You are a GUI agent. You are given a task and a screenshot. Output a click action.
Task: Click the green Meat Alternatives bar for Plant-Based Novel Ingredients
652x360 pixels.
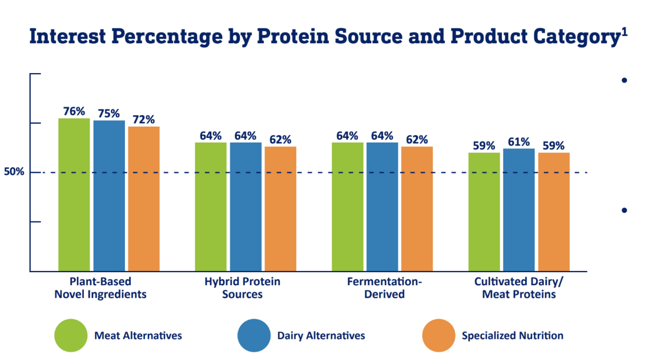(x=74, y=195)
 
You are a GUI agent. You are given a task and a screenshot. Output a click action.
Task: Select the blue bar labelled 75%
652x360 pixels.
(x=109, y=196)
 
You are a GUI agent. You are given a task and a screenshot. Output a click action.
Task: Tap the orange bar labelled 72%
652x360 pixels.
(x=144, y=199)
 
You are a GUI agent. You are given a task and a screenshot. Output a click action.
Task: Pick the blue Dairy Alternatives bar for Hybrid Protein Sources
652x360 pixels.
(x=245, y=207)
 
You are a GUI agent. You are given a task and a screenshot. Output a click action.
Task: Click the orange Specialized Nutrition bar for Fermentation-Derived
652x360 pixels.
(x=417, y=209)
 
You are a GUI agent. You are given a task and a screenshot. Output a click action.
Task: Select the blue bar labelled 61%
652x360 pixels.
(x=519, y=210)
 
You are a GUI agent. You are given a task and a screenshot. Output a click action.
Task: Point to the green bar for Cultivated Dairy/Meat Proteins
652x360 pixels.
(x=484, y=212)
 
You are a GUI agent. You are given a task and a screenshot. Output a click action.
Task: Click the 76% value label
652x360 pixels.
(x=74, y=111)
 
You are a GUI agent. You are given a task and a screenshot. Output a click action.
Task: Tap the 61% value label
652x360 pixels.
(x=519, y=142)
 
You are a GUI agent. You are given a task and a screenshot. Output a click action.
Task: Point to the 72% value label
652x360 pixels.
(x=144, y=120)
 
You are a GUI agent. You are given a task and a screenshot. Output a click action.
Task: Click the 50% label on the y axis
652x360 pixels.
(x=14, y=172)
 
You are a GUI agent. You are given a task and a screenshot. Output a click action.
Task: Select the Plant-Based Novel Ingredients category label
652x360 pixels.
(x=100, y=288)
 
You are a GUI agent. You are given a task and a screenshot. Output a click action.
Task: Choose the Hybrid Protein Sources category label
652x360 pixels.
(x=243, y=288)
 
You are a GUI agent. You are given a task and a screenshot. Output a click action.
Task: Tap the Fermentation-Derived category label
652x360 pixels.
(x=385, y=288)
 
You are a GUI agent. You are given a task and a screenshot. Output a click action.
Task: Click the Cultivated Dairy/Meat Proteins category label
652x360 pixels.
(x=519, y=288)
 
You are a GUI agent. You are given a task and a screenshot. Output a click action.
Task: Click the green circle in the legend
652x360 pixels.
(x=71, y=335)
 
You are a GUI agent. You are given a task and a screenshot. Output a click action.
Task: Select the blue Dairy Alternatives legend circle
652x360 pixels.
(x=254, y=335)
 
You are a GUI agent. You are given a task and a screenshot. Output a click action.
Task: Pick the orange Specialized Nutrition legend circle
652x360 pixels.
(x=438, y=335)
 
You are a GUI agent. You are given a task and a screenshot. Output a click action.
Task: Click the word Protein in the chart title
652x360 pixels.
(x=293, y=36)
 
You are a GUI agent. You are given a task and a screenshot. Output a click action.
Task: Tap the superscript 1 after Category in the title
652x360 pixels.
(x=625, y=32)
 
